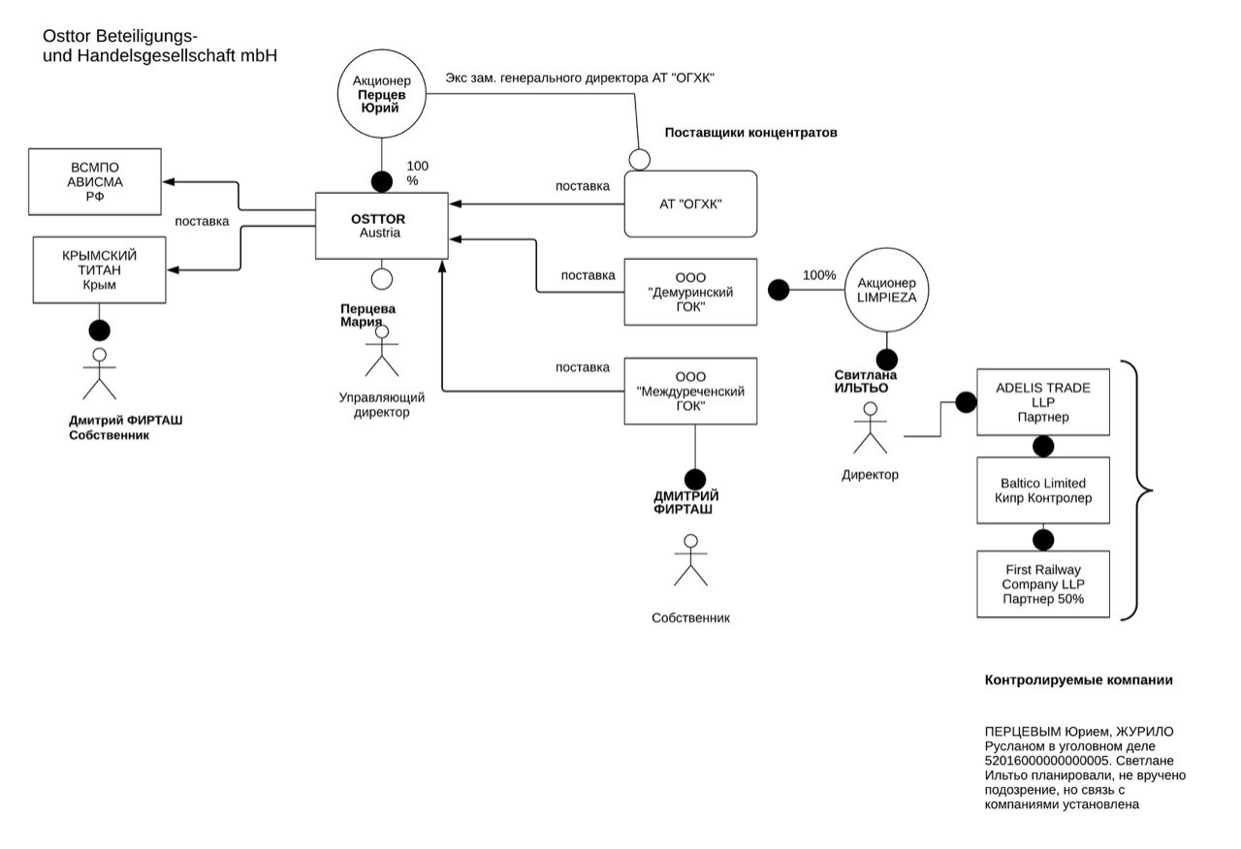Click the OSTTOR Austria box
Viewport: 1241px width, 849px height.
382,226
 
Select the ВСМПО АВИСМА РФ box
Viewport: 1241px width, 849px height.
94,182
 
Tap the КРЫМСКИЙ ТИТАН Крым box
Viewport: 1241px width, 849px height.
99,269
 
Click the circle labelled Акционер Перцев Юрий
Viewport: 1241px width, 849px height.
382,94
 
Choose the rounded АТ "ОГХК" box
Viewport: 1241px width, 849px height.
690,204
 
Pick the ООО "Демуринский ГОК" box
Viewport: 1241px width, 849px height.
690,292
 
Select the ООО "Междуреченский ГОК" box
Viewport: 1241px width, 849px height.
690,392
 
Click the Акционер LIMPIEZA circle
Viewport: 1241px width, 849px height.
887,291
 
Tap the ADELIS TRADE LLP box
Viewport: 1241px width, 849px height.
1042,402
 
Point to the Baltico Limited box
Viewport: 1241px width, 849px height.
1042,490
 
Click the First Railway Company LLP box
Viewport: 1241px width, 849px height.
1042,584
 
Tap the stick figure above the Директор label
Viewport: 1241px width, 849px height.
870,430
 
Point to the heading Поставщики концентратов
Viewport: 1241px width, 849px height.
750,132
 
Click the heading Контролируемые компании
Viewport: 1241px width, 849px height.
1078,680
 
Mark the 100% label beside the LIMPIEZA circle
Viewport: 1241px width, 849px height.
819,275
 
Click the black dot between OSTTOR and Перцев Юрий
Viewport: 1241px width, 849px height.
382,179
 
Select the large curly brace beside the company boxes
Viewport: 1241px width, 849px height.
1136,490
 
